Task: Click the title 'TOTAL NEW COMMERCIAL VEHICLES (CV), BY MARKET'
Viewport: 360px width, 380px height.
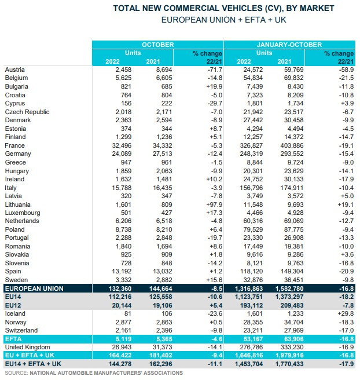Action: (223, 9)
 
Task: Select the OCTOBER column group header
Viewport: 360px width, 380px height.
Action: (157, 45)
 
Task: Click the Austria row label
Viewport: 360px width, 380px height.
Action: (14, 70)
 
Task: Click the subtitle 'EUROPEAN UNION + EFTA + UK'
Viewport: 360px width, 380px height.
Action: (223, 20)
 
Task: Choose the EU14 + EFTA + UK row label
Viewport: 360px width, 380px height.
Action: (33, 364)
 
